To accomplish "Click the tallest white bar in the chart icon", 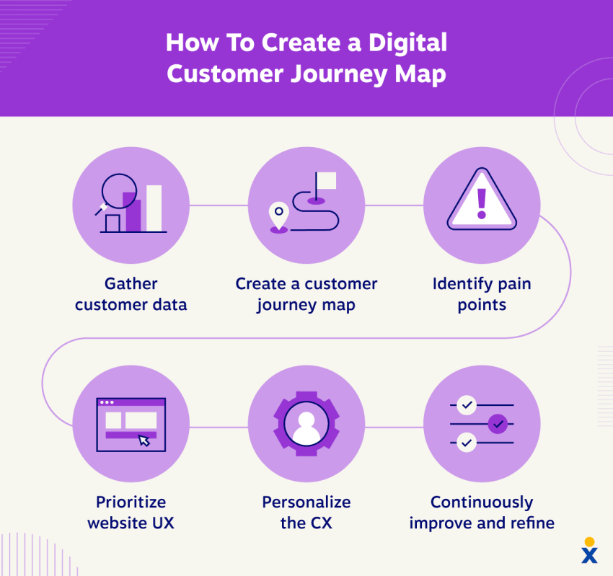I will pos(154,208).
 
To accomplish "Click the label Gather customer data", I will pos(131,294).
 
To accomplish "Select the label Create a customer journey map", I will pos(306,294).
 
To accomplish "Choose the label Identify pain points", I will pos(481,294).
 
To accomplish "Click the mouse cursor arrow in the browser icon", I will pos(144,440).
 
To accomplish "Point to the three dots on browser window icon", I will pos(107,402).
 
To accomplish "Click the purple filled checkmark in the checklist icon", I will pos(498,424).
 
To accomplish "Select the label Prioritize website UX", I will pos(131,513).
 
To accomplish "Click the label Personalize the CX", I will pos(306,513).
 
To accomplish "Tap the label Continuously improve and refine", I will pos(481,513).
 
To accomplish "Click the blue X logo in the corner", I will pos(590,555).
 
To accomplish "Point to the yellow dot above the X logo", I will pos(589,541).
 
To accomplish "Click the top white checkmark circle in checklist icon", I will pos(467,406).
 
